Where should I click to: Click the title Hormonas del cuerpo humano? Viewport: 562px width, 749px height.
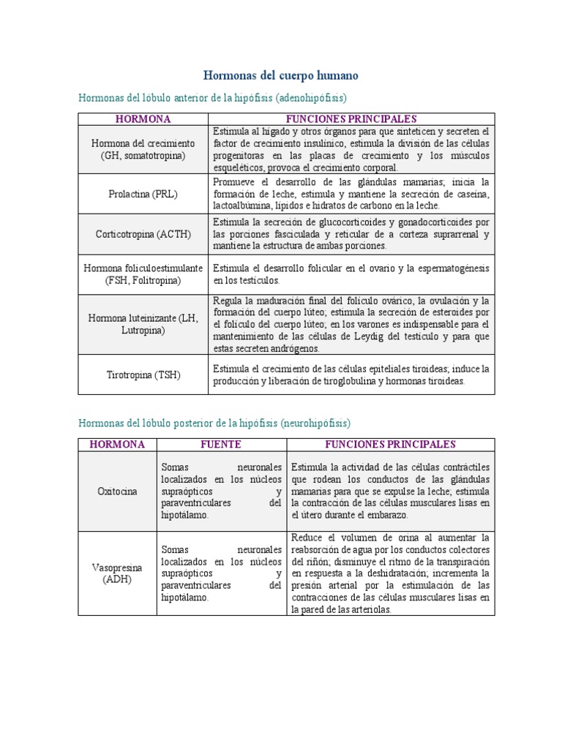[x=280, y=76]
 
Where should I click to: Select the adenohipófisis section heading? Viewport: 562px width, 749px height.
[x=212, y=97]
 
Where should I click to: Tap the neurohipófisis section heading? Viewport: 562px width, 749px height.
[x=214, y=423]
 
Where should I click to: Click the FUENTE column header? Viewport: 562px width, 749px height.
[x=221, y=445]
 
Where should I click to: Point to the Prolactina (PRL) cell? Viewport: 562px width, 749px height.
[x=143, y=194]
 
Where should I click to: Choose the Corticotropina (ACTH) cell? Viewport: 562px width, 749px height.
[x=143, y=235]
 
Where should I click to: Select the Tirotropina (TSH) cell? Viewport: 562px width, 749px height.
[x=143, y=375]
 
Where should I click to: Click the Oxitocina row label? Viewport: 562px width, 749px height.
[x=117, y=492]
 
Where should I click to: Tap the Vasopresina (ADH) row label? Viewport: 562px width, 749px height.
[x=117, y=573]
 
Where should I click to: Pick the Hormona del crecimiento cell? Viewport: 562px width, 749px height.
[x=143, y=149]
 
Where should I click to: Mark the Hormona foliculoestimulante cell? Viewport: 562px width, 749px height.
[x=143, y=274]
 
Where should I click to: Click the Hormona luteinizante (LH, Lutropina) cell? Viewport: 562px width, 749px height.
[x=143, y=324]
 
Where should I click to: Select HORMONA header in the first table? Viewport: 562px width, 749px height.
[x=143, y=118]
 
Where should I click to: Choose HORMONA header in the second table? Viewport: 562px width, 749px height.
[x=117, y=445]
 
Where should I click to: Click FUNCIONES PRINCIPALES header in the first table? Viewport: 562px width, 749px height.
[x=351, y=118]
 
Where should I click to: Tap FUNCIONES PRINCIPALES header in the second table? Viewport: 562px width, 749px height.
[x=391, y=445]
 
